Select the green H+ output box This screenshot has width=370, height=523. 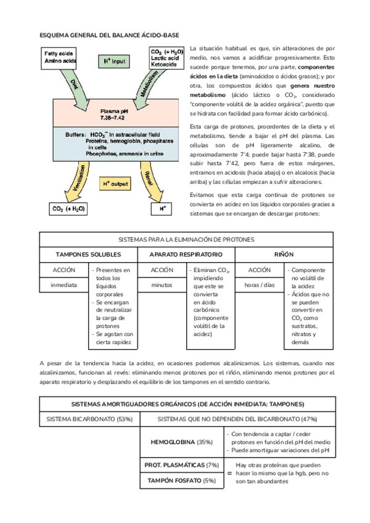[x=115, y=184]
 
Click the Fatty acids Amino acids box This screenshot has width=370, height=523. [x=60, y=59]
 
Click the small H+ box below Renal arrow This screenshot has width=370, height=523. [x=163, y=209]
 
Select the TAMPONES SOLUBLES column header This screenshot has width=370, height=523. [x=88, y=254]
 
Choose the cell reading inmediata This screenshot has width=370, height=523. [x=64, y=286]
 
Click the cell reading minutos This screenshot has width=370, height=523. [x=162, y=286]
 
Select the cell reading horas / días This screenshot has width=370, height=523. [x=259, y=286]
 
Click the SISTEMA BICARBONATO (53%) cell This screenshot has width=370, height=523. [x=89, y=419]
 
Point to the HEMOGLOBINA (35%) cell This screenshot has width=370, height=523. [x=182, y=442]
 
